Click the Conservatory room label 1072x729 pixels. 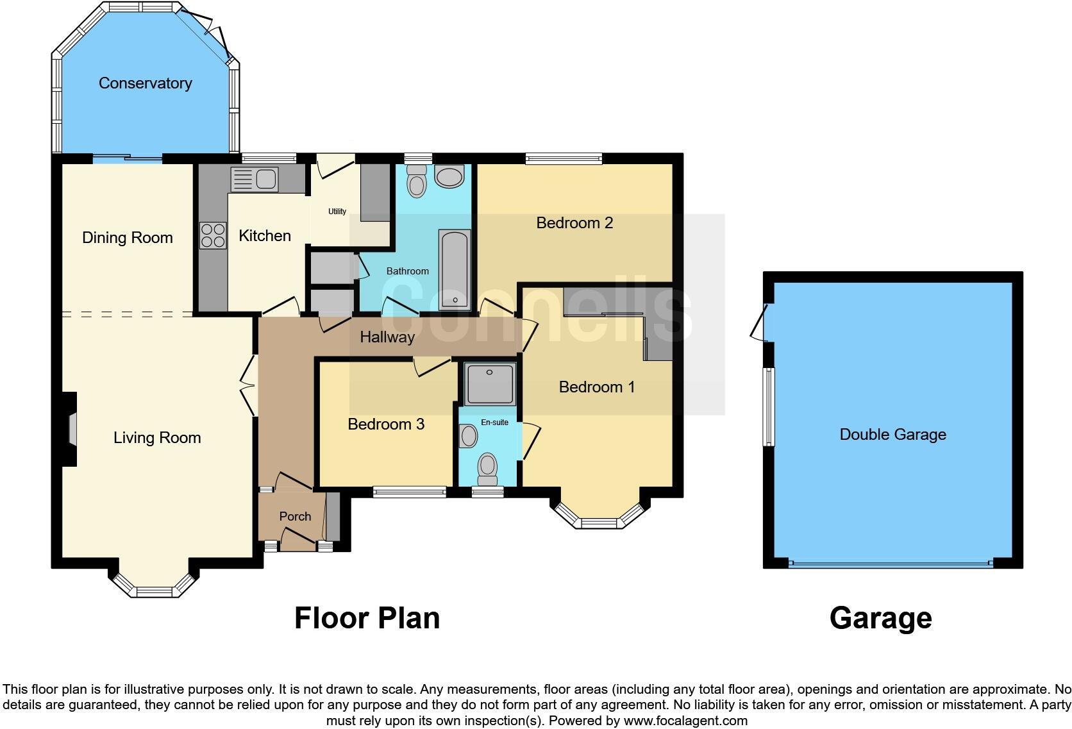point(145,83)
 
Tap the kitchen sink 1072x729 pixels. point(254,179)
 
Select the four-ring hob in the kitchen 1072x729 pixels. point(213,235)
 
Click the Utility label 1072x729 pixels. point(337,212)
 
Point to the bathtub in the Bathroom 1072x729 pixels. point(455,269)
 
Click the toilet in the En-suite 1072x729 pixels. point(488,469)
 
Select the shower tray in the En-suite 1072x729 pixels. point(489,385)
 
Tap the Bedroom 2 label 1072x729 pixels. point(574,223)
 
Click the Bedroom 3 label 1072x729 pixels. point(386,424)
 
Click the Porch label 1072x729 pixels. point(295,517)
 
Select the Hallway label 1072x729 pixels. point(387,337)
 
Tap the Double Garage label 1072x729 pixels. point(892,435)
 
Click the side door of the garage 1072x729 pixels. point(760,323)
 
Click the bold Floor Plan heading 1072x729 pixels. point(367,618)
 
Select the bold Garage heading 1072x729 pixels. point(880,618)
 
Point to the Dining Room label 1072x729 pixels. point(128,238)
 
